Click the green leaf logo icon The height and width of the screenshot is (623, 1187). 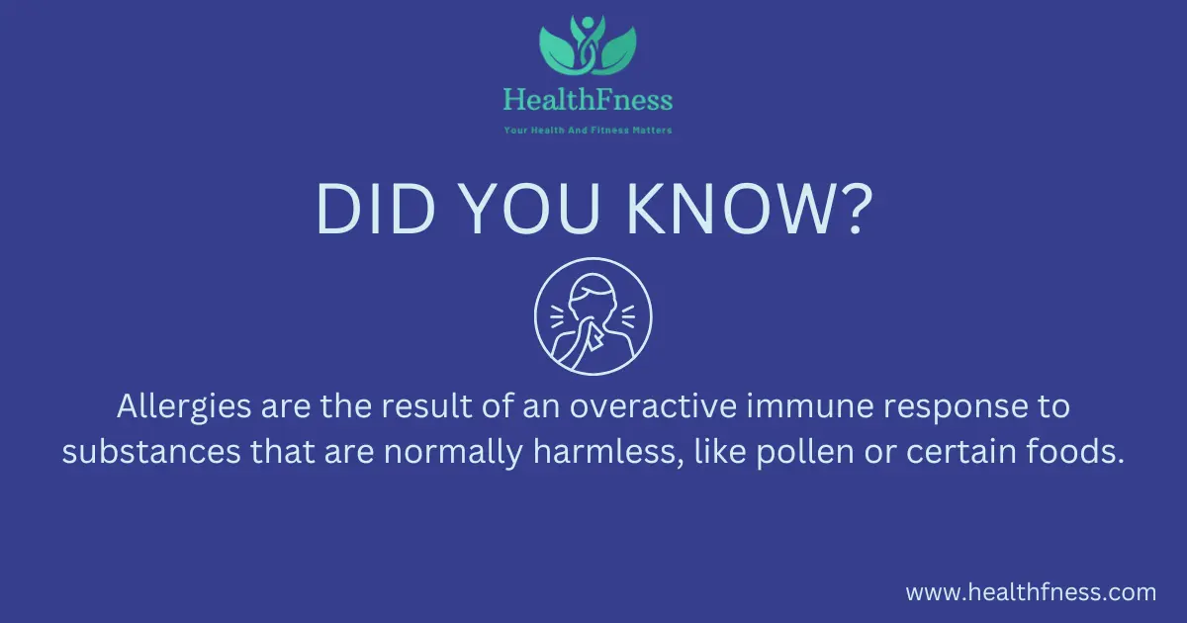point(588,45)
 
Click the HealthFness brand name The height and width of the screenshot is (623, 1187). point(588,100)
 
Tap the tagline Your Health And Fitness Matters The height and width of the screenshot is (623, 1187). point(588,130)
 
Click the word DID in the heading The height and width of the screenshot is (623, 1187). point(375,209)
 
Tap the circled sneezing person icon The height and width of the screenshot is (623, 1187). point(593,316)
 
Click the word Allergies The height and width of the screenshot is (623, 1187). point(184,407)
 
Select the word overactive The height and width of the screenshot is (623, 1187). point(654,406)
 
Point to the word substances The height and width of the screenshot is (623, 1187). point(151,452)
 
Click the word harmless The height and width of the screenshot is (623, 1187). point(604,452)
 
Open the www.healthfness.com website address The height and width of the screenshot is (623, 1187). point(1031,592)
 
